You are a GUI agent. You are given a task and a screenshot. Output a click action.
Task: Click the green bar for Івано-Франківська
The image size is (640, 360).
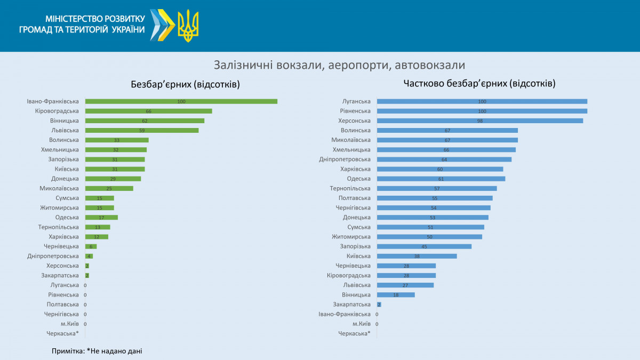[x=181, y=101]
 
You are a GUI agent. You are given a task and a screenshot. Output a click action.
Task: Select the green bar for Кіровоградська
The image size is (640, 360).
[x=148, y=111]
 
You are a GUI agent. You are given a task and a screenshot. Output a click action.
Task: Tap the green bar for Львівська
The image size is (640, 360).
[x=142, y=130]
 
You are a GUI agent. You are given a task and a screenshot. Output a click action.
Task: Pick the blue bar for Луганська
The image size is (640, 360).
[x=482, y=101]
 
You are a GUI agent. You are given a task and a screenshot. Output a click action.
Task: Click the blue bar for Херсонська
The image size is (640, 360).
[x=479, y=121]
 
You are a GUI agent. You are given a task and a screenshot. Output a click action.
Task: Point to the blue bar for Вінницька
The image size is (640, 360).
[x=395, y=294]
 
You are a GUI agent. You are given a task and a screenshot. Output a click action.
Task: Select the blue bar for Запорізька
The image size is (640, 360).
[x=424, y=246]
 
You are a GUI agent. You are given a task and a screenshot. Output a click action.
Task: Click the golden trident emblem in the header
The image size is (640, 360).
[x=188, y=26]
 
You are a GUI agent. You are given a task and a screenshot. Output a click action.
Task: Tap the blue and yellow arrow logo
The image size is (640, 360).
[x=162, y=25]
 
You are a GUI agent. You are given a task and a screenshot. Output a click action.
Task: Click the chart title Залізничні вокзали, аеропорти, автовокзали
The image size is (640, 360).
[x=340, y=65]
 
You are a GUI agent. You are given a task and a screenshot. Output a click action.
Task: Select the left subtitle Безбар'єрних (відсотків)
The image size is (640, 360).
[x=185, y=84]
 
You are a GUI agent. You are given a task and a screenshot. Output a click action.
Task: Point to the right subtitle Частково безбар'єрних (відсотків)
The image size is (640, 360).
[x=479, y=84]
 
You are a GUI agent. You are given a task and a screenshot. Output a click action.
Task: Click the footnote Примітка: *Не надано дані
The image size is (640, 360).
[x=97, y=351]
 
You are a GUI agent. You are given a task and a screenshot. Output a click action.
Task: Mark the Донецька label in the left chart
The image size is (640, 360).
[x=65, y=179]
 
